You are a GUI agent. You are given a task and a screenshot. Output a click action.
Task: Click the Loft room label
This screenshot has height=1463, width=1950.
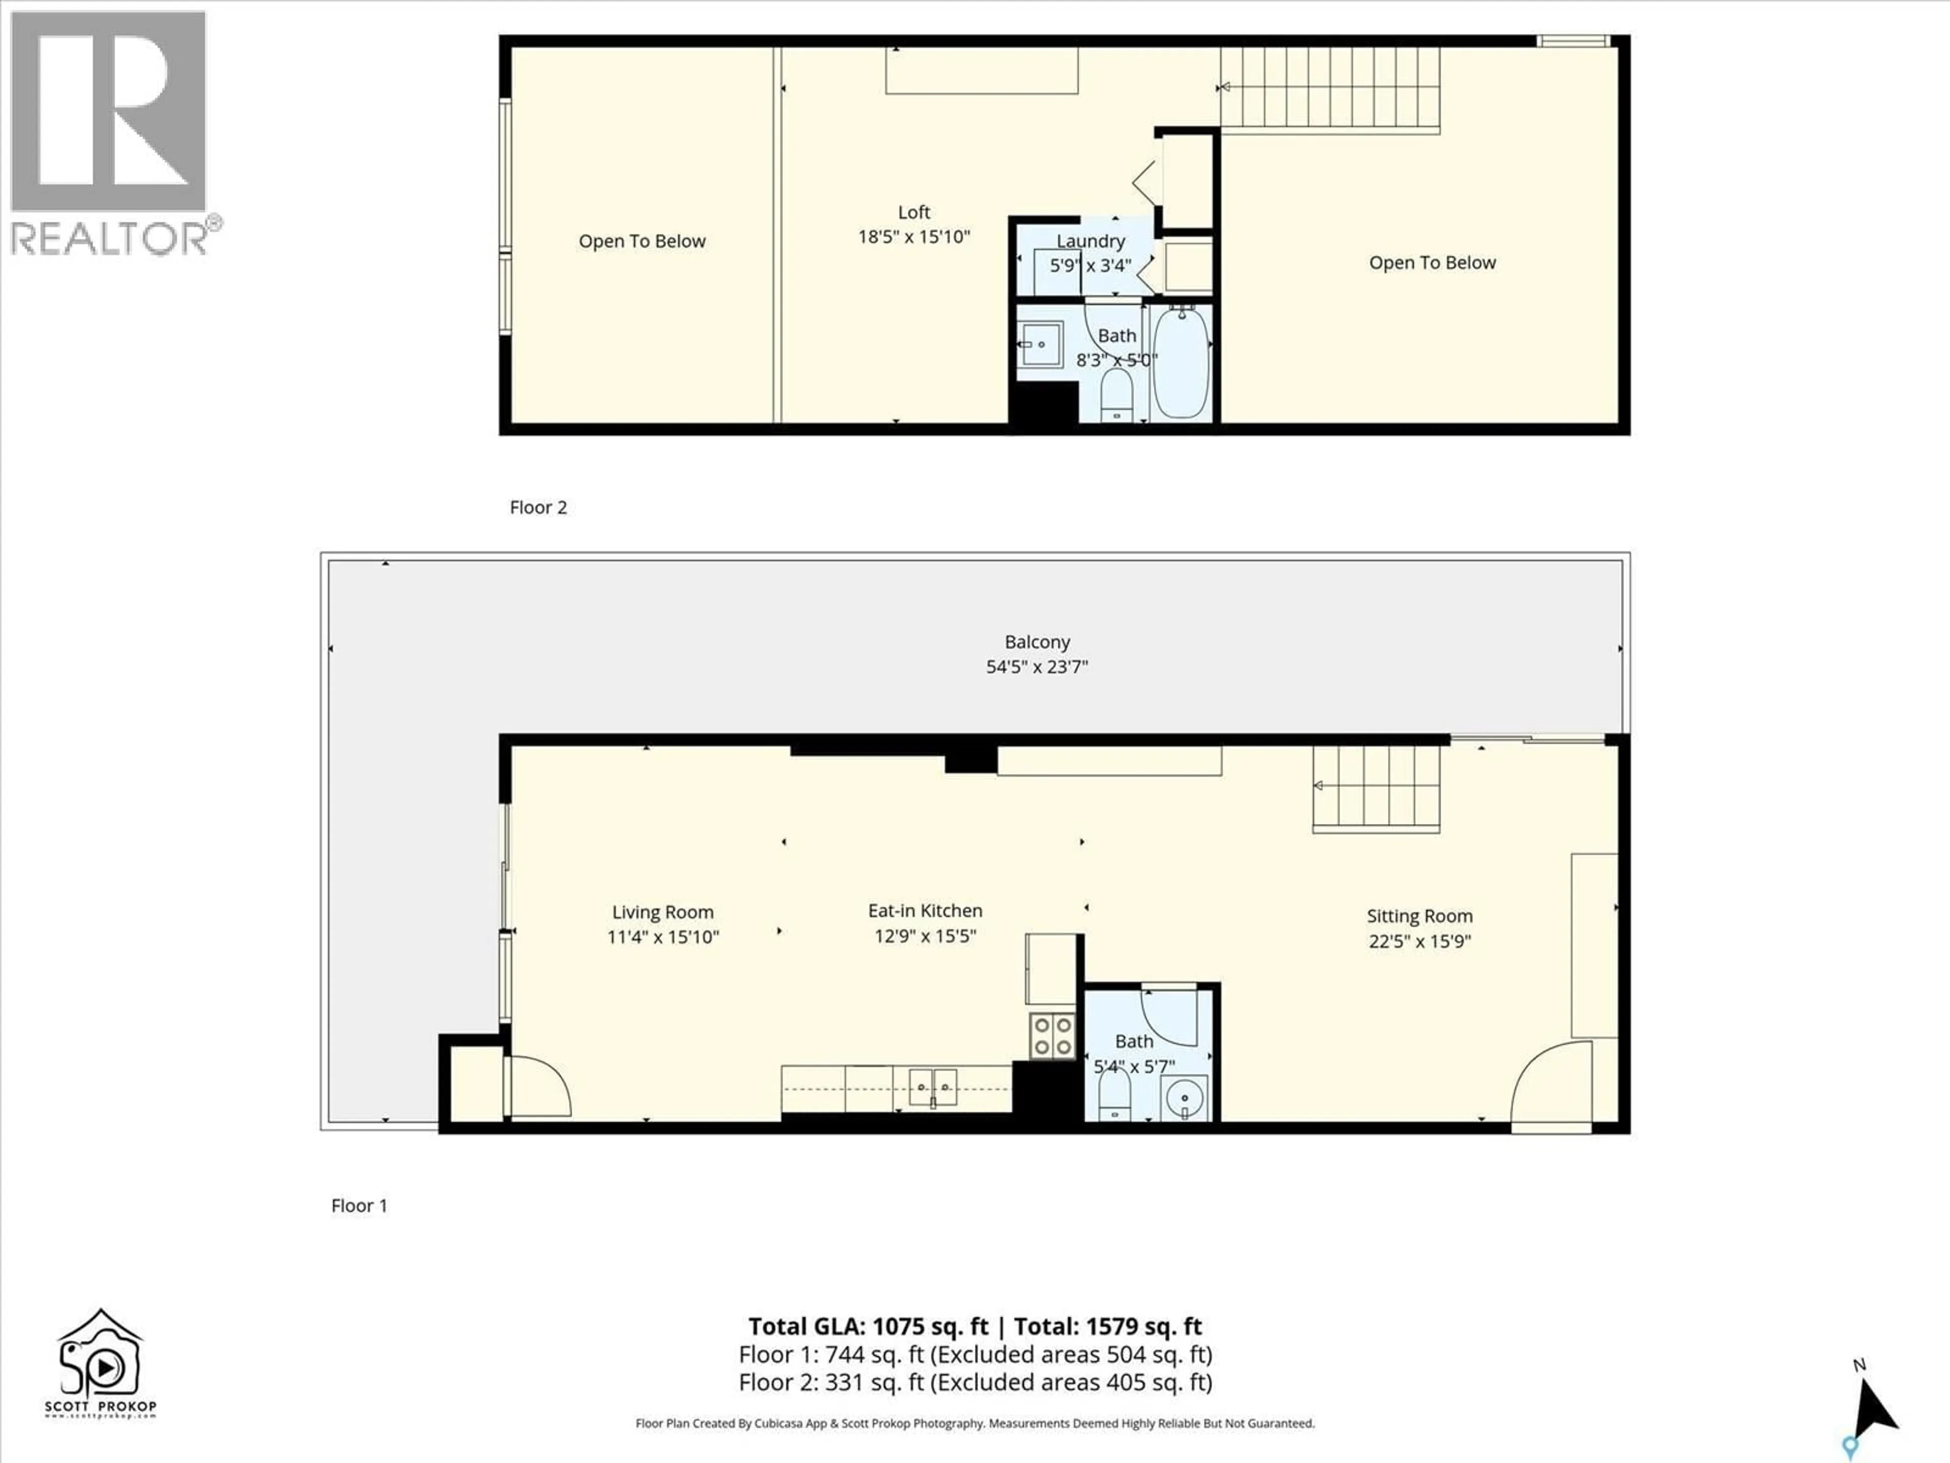pos(913,212)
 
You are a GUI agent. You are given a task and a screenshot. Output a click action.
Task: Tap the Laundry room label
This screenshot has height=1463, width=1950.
pos(1090,241)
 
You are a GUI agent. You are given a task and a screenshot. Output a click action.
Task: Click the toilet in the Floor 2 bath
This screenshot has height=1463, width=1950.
pos(1117,395)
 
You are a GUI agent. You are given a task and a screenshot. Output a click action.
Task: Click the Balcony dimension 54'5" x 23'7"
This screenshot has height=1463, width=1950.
pos(1037,666)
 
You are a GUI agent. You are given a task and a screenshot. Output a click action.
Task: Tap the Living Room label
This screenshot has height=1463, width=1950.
pos(663,912)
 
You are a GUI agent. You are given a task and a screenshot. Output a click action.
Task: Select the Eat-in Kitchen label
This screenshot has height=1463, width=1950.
pos(925,910)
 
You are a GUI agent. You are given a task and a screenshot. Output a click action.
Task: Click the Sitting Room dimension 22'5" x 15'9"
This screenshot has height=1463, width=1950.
pos(1419,941)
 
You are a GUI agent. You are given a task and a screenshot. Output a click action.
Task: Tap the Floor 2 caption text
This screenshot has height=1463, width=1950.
pos(538,507)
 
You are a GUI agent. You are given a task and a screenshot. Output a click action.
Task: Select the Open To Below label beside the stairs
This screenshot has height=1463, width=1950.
pos(1432,263)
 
